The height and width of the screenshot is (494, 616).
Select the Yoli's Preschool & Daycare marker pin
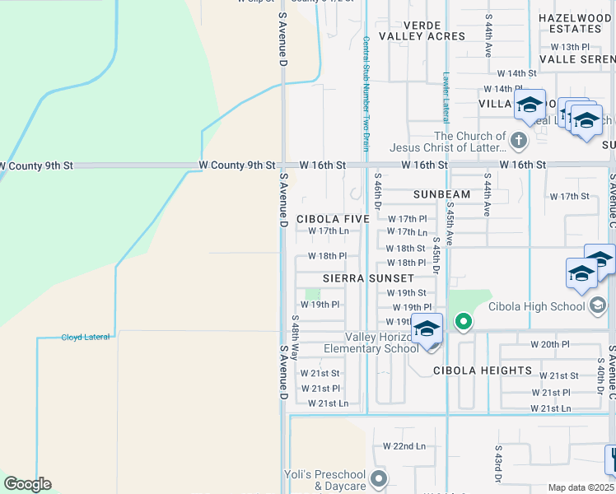(x=378, y=478)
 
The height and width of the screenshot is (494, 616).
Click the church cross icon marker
(x=519, y=140)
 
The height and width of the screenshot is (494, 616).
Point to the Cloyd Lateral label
(x=86, y=337)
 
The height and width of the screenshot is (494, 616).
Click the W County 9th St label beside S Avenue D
(x=237, y=165)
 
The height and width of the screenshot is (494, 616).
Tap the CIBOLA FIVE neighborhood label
(x=333, y=219)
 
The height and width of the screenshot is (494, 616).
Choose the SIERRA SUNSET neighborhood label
(x=368, y=278)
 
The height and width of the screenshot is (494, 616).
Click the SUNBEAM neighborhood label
(x=441, y=194)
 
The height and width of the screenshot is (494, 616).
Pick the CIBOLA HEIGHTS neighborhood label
(x=483, y=370)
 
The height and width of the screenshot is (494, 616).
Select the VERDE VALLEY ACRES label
(x=422, y=30)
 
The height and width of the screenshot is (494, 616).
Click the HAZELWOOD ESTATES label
(x=576, y=23)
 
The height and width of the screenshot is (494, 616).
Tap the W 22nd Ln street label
(x=404, y=445)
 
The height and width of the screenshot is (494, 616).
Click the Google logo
(x=27, y=484)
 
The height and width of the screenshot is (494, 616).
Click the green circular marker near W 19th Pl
(x=464, y=321)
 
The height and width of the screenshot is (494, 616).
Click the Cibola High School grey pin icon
(x=599, y=306)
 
